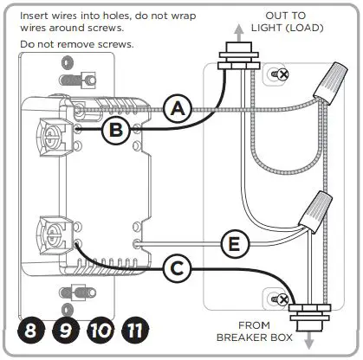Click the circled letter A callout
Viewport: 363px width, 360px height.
click(177, 109)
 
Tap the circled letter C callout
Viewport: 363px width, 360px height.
click(177, 269)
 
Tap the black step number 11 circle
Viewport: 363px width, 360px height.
click(137, 330)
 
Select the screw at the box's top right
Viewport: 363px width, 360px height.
click(282, 75)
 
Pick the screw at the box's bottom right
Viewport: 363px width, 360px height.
click(280, 299)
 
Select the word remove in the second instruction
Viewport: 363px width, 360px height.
click(72, 43)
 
